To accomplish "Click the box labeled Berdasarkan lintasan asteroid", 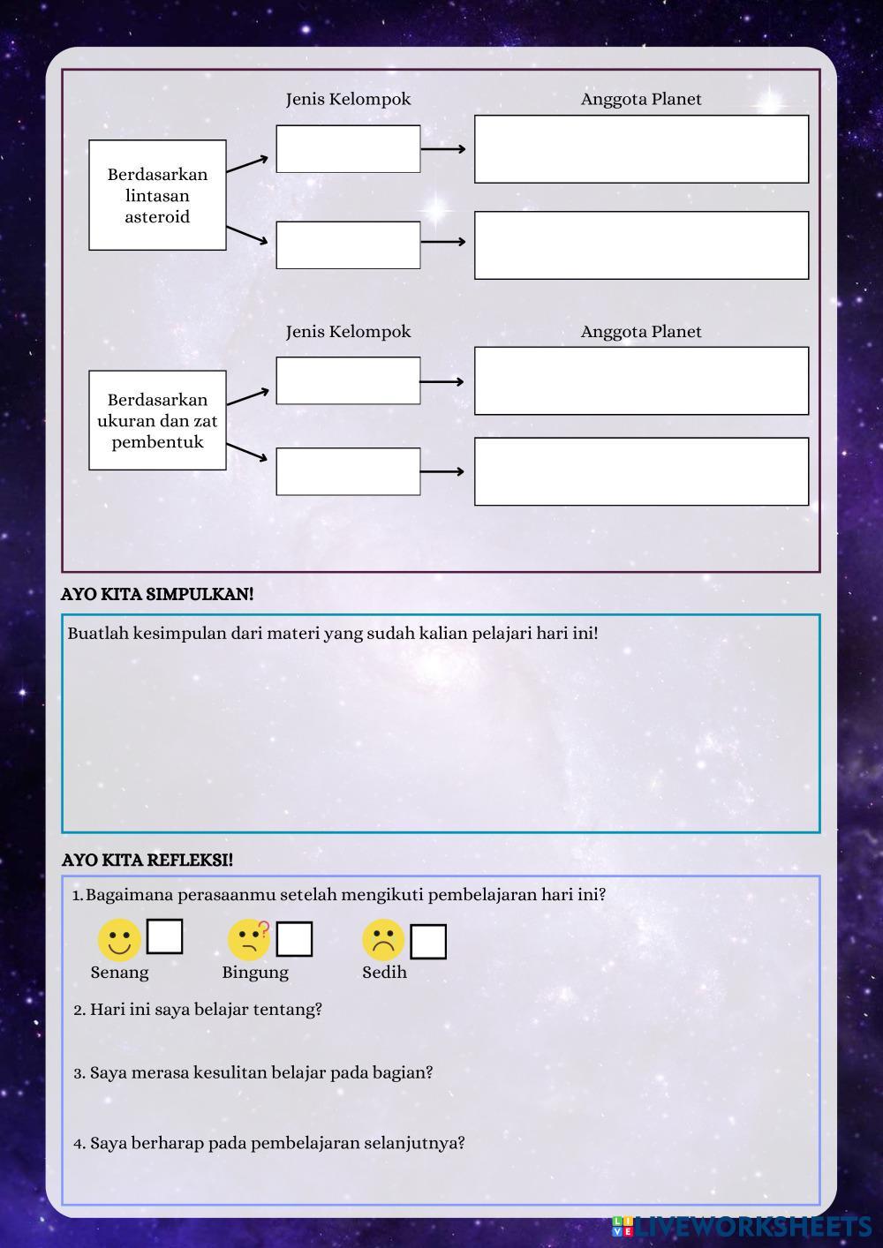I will [x=157, y=195].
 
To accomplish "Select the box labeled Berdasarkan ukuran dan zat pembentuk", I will [x=157, y=420].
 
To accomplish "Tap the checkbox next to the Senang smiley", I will [x=164, y=936].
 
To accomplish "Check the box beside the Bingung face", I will [x=294, y=939].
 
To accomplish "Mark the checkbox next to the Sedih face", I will [x=428, y=942].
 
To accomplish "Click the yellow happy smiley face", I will [x=119, y=940].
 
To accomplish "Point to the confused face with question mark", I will [x=249, y=940].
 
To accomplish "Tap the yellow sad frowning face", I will [x=382, y=941].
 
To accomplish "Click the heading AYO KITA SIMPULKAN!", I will [x=157, y=594].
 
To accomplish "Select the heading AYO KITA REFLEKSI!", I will [x=147, y=860].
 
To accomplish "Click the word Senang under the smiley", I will [x=119, y=972].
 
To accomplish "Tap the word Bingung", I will [x=255, y=972].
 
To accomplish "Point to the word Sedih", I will [x=384, y=972].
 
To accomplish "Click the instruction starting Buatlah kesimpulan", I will [x=333, y=633].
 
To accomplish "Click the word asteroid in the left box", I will [x=157, y=217].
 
